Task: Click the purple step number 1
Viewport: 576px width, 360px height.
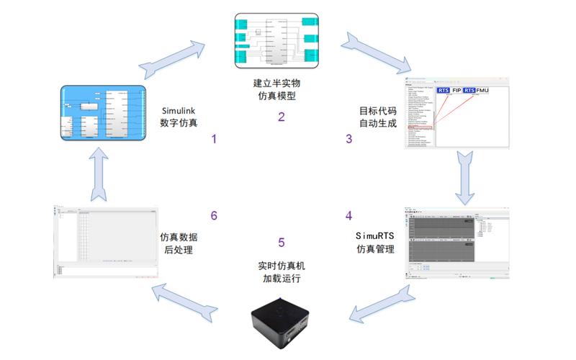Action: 213,139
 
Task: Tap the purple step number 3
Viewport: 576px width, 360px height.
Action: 349,139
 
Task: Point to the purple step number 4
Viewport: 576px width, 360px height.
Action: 349,215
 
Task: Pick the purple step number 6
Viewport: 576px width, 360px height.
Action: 213,215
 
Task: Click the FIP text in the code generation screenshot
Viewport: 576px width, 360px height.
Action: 456,91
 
